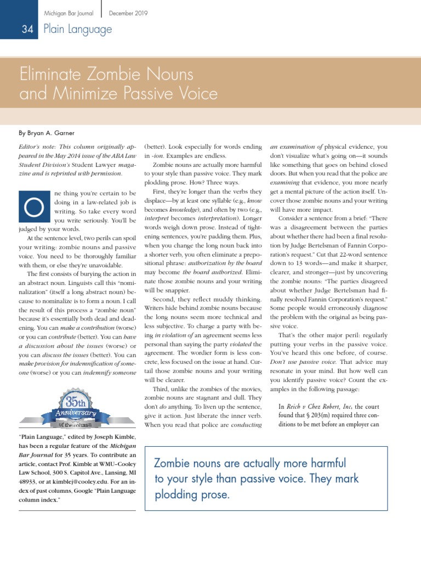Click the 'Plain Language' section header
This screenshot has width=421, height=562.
pos(78,29)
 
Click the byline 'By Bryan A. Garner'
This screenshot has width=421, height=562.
pos(48,133)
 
